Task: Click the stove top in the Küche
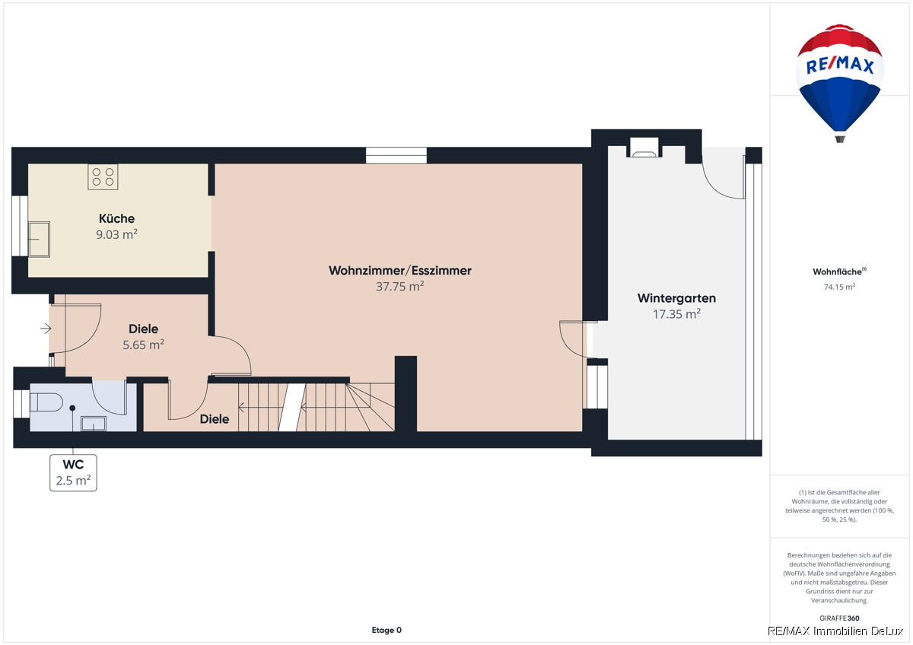(x=103, y=176)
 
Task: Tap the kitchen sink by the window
(x=39, y=239)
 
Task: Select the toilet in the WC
(x=46, y=402)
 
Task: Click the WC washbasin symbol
(x=94, y=424)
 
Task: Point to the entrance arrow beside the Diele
(x=46, y=329)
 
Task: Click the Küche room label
(x=116, y=218)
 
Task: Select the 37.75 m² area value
(x=400, y=287)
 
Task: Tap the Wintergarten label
(x=676, y=298)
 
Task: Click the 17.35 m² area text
(x=676, y=314)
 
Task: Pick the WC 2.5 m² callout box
(x=73, y=472)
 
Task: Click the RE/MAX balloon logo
(x=840, y=83)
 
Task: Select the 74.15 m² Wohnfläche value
(x=840, y=287)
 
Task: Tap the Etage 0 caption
(x=387, y=630)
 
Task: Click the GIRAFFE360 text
(x=840, y=618)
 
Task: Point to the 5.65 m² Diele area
(x=144, y=345)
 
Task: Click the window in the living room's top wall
(x=396, y=156)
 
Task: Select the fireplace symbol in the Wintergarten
(x=644, y=148)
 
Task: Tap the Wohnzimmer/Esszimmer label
(x=400, y=271)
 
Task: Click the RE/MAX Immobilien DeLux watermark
(x=835, y=631)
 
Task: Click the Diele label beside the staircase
(x=215, y=419)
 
